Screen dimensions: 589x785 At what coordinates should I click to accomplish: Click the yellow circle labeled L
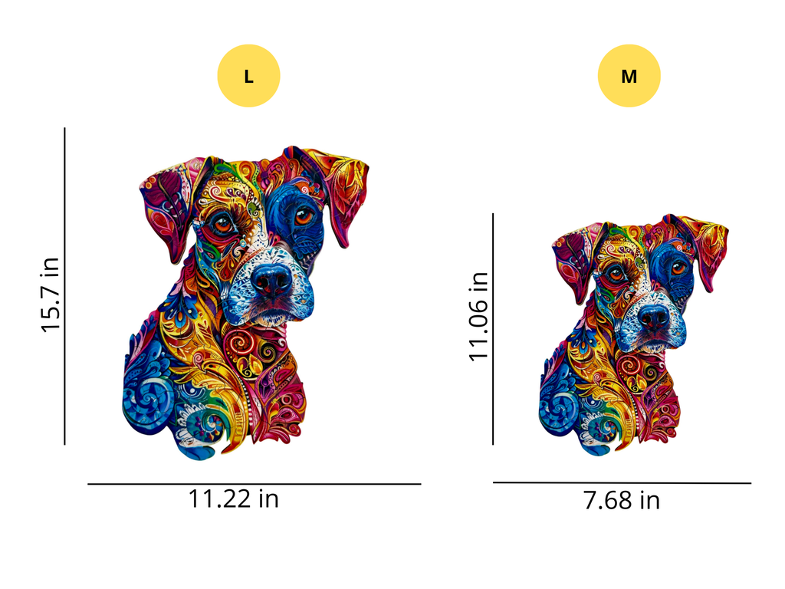point(248,76)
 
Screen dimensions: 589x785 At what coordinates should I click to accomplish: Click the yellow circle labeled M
point(629,76)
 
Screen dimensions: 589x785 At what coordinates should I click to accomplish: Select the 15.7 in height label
point(51,294)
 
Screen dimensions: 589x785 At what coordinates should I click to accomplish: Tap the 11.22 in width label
point(234,499)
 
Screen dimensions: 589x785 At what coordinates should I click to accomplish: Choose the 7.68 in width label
point(621,501)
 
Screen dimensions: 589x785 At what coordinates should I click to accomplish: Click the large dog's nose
point(272,281)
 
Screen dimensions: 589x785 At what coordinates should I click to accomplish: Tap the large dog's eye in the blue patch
point(304,216)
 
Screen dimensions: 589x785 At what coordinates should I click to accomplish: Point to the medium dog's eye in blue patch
point(678,268)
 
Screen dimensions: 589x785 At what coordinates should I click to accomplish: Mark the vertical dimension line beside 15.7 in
point(65,286)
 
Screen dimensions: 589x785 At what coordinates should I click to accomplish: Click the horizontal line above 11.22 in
point(254,484)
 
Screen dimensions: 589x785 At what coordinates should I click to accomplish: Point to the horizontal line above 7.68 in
point(622,483)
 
